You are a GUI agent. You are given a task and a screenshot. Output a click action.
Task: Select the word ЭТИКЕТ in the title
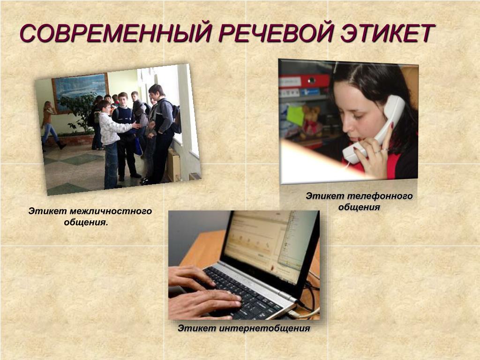click(387, 32)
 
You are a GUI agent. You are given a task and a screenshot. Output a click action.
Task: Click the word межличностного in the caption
click(111, 211)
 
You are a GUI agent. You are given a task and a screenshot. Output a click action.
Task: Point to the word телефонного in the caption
click(380, 196)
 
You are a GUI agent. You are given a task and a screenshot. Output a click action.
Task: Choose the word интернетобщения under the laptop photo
click(265, 328)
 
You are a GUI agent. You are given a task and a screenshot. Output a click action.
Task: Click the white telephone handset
click(375, 128)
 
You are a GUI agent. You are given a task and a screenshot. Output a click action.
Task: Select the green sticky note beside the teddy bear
click(295, 115)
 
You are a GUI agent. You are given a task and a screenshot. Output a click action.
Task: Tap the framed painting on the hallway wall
click(81, 92)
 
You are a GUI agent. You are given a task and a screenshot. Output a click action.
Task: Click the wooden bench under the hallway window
click(173, 165)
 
